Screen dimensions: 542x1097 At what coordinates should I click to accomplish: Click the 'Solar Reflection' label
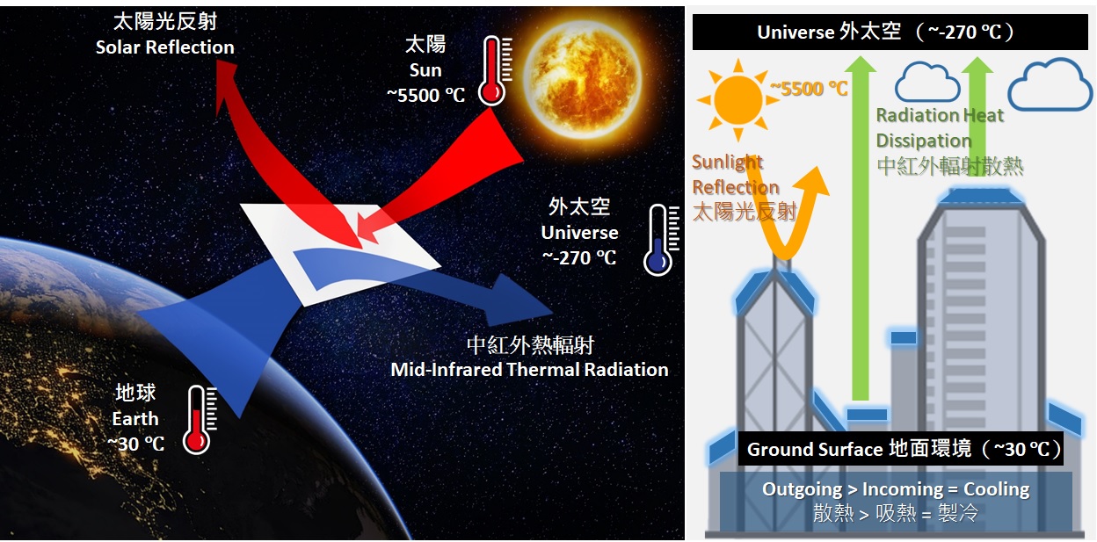tap(164, 47)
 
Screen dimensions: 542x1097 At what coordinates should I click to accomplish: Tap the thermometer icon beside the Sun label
tap(492, 70)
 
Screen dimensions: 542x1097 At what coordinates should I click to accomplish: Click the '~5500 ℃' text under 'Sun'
tap(425, 95)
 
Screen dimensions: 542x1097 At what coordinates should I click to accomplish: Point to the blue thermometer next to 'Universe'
tap(659, 239)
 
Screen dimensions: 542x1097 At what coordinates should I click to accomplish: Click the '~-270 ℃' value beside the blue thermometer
tap(579, 258)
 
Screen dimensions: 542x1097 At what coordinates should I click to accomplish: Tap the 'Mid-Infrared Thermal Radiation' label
tap(529, 370)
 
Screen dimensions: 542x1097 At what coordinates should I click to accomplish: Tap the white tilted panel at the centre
tap(343, 250)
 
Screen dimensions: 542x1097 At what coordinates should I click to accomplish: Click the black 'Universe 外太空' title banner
tap(889, 33)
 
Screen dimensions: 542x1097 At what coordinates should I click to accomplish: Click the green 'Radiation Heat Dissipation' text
tap(939, 128)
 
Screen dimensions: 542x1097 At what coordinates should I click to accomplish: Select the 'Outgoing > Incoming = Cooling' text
tap(895, 489)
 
